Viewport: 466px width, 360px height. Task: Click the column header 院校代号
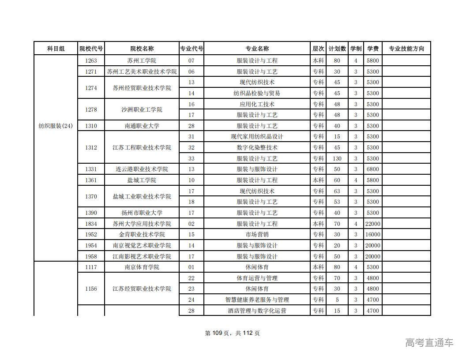pos(91,49)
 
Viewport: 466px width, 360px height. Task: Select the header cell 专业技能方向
pos(406,49)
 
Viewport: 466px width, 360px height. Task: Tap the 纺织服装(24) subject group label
pos(56,126)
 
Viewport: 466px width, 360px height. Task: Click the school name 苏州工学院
pos(142,60)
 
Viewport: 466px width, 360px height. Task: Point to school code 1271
pos(91,71)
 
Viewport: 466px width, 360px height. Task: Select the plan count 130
pos(337,158)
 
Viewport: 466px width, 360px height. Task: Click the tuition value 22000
pos(373,224)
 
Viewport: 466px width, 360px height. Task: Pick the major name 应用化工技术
pos(257,104)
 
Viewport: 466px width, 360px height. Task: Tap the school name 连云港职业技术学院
pos(142,169)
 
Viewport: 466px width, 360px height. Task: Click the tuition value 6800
pos(373,169)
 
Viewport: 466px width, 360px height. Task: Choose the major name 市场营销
pos(257,234)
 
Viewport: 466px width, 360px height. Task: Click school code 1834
pos(91,224)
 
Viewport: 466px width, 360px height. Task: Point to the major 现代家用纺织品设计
pos(257,137)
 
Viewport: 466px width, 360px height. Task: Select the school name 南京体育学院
pos(142,267)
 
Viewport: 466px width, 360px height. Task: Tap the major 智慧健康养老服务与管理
pos(257,300)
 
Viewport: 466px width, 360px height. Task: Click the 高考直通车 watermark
pos(429,342)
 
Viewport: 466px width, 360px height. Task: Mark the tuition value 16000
pos(373,234)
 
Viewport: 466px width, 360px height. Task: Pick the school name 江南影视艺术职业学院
pos(142,256)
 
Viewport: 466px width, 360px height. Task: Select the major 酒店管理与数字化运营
pos(257,311)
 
